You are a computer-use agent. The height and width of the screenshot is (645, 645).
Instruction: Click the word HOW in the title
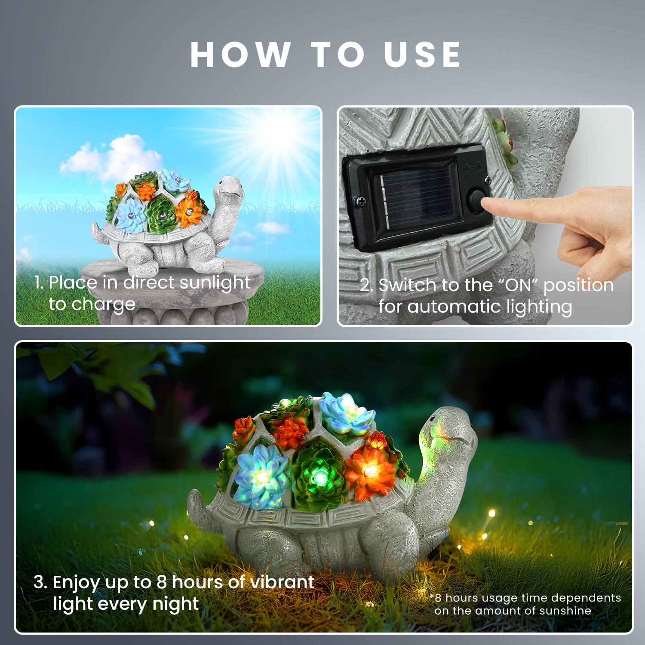pos(240,55)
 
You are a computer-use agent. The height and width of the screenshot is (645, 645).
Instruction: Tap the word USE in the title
pos(423,55)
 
